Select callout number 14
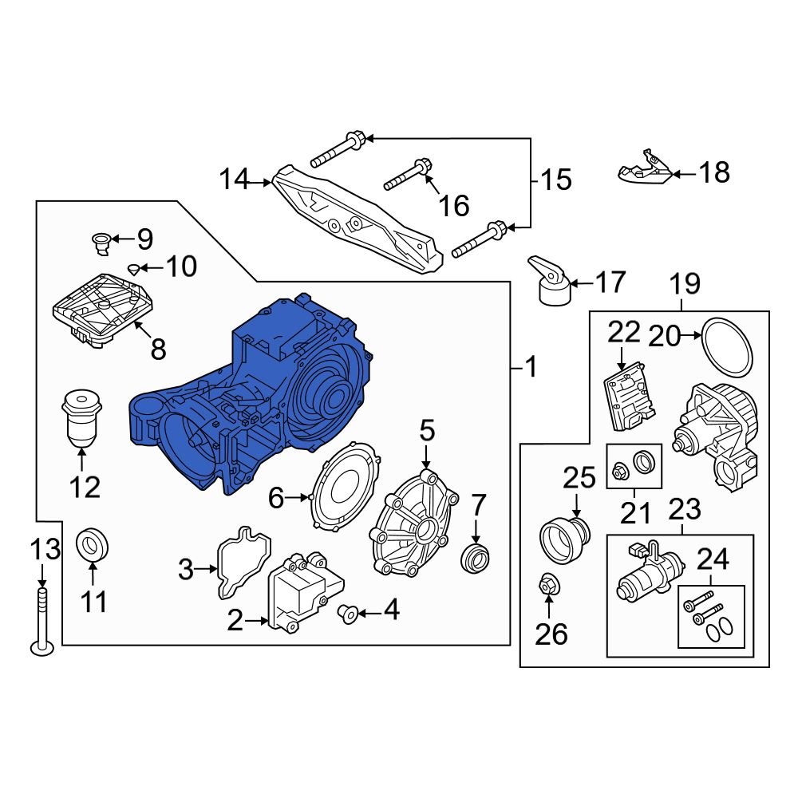235,180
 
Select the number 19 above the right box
684,283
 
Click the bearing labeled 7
476,556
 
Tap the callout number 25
579,479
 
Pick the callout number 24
713,560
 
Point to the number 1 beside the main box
530,368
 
